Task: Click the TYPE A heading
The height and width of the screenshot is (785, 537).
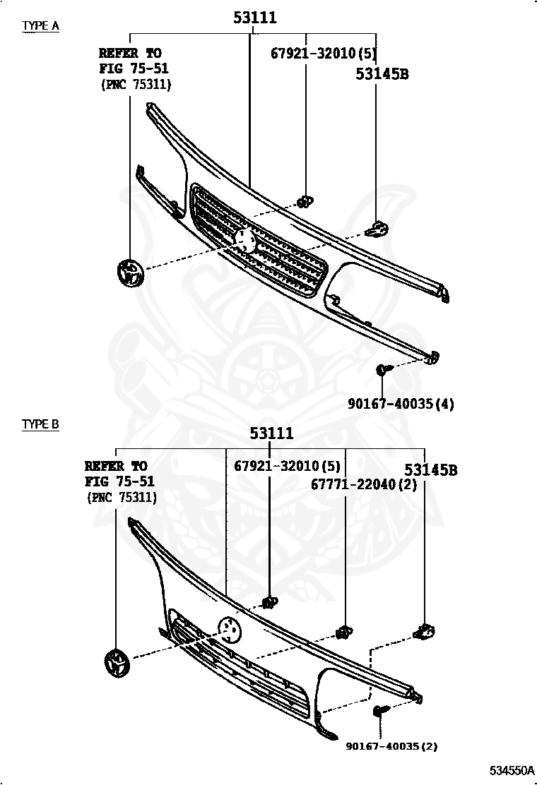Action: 40,26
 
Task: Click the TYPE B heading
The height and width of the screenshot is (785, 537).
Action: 40,424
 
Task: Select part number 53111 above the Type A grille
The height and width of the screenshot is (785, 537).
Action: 255,18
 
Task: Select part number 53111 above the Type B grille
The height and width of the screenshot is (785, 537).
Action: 271,433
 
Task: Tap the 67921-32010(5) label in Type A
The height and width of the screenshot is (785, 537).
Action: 324,53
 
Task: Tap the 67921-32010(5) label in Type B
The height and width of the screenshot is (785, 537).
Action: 287,466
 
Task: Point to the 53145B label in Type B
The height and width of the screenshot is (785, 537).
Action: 431,469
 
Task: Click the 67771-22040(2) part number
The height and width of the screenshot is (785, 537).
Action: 364,484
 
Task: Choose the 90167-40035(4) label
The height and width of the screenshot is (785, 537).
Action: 401,404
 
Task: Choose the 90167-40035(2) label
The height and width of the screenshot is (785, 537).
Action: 391,745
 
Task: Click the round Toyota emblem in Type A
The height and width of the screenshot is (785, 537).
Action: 130,272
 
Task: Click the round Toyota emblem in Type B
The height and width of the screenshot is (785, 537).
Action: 116,664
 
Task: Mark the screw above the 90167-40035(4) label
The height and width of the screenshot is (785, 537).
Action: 382,369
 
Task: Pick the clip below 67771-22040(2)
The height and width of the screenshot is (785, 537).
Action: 345,631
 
